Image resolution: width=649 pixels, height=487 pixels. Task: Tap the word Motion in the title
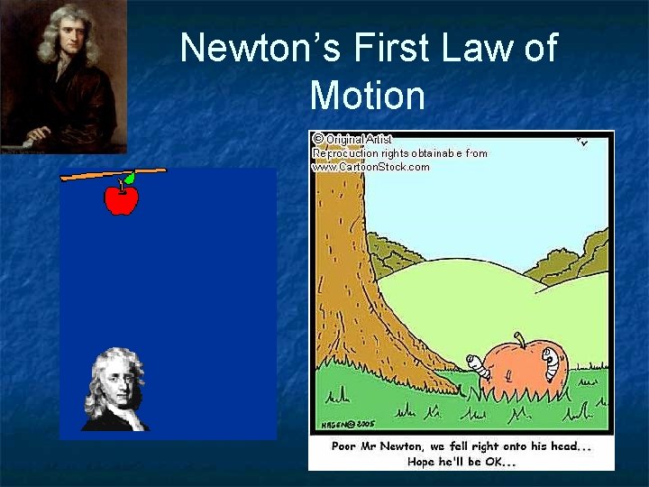click(366, 94)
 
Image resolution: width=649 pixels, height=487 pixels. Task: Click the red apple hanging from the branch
click(121, 199)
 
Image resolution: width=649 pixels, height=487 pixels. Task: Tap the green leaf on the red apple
click(130, 178)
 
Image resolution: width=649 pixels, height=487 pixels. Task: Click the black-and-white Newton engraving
click(115, 390)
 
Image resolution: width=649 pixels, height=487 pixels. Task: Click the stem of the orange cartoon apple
click(519, 340)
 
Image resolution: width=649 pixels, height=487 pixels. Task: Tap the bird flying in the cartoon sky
click(582, 142)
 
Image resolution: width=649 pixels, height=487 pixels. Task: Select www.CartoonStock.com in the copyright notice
click(371, 167)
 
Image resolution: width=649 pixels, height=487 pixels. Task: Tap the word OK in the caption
click(501, 462)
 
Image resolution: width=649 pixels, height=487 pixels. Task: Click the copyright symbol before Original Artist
click(317, 139)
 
